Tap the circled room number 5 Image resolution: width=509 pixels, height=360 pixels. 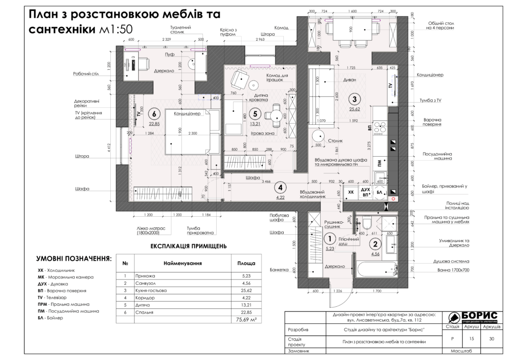[x=255, y=113]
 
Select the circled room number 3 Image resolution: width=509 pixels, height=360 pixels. [x=354, y=98]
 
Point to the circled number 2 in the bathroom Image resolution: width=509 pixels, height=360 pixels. [x=376, y=243]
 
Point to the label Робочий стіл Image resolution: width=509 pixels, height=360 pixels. [x=85, y=74]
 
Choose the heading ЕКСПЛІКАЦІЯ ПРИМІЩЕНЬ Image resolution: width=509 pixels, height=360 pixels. [x=188, y=246]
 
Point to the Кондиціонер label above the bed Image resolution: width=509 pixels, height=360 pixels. [x=186, y=114]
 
